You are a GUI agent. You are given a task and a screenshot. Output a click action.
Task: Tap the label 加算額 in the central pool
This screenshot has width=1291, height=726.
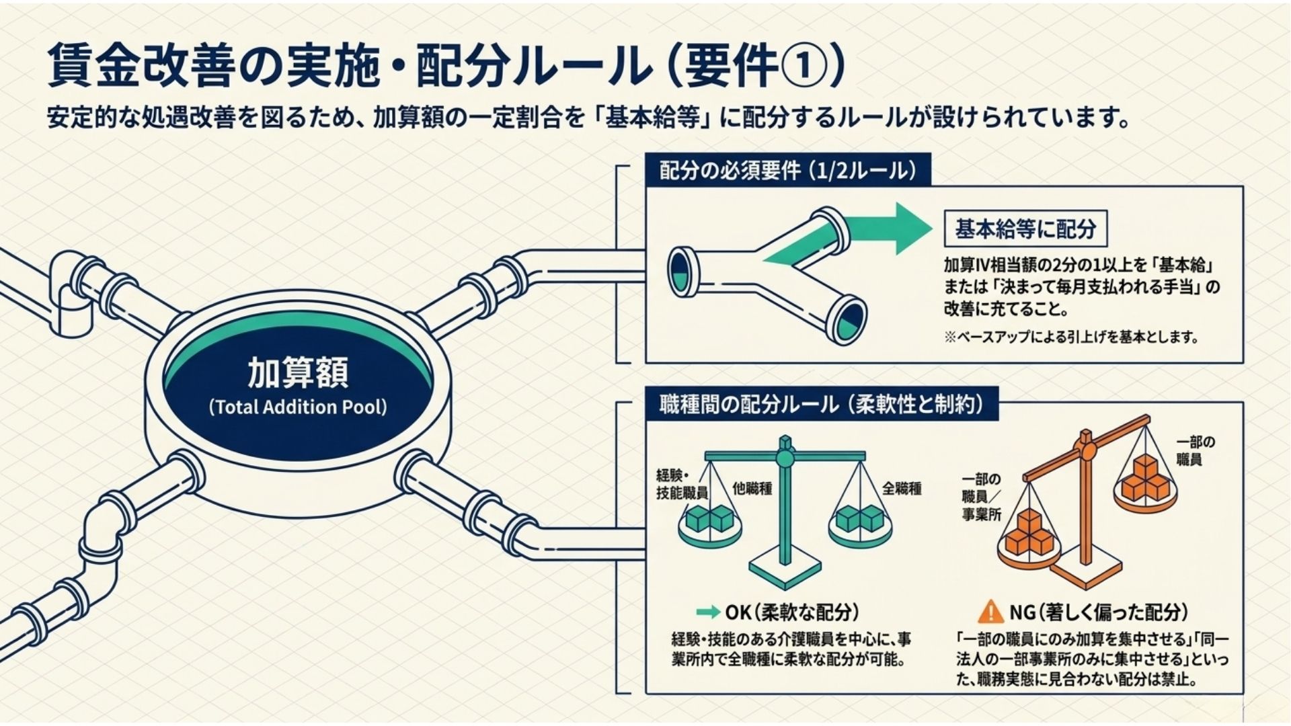[298, 374]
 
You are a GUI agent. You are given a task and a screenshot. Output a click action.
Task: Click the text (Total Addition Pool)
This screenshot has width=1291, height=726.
[298, 407]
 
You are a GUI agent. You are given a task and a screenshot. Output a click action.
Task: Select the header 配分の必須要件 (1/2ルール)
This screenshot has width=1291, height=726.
[787, 171]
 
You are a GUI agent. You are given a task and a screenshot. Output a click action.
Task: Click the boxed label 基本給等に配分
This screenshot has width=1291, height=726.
[1025, 229]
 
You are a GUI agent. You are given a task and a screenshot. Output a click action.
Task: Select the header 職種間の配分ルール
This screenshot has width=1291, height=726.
[821, 405]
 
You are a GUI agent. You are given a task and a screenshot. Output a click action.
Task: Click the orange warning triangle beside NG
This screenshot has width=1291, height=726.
[990, 612]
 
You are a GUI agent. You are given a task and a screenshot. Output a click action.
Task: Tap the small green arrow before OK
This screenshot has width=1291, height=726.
[708, 612]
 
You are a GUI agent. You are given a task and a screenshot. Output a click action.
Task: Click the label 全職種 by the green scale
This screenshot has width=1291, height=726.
[901, 489]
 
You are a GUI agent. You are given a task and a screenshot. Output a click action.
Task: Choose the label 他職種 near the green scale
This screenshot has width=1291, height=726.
[752, 489]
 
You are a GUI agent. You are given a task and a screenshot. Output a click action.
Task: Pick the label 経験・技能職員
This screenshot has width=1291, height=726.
[681, 484]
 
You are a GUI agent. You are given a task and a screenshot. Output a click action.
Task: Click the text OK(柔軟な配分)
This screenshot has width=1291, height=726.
[791, 612]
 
